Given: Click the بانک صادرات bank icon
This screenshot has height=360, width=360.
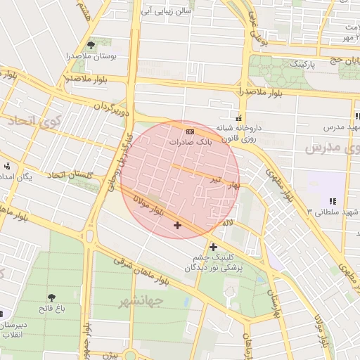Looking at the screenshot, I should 190,131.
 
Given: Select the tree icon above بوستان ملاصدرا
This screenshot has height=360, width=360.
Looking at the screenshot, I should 91,46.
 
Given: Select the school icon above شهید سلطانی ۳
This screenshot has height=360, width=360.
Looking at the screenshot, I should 332,201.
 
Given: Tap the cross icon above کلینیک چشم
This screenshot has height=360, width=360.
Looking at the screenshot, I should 213,247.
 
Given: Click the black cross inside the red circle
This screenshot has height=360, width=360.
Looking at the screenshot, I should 176,225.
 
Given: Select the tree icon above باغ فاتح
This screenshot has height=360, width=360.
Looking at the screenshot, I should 52,297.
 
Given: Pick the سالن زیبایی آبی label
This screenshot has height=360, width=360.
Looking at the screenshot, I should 167,11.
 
